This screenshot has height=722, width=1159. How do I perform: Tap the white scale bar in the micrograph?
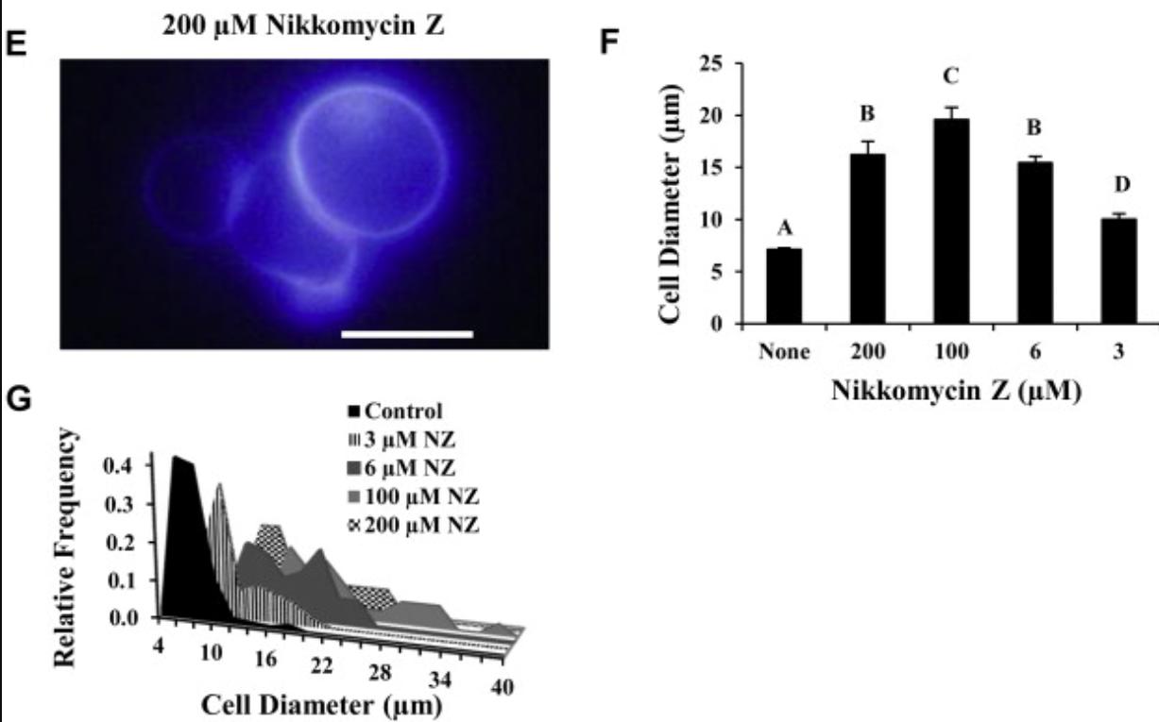[x=406, y=333]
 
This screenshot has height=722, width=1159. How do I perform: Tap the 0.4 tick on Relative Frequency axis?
[x=134, y=465]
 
